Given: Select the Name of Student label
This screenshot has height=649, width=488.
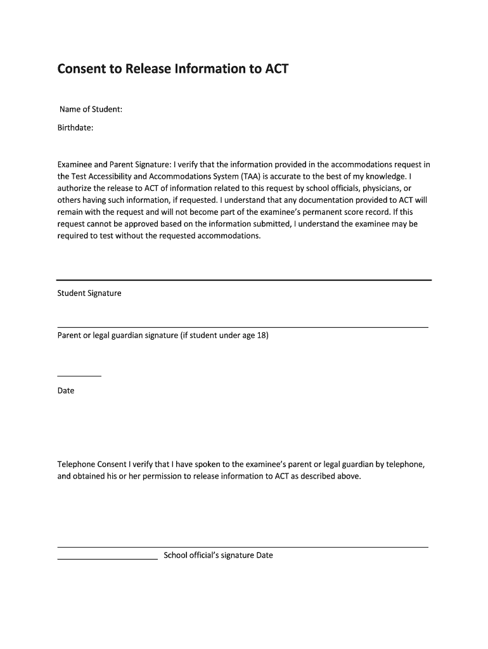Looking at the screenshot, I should click(x=91, y=110).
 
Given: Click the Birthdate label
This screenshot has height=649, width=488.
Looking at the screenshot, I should click(x=76, y=127).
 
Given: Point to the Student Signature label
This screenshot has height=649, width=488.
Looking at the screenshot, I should click(x=89, y=293).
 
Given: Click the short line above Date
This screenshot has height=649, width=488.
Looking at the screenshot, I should click(x=79, y=376).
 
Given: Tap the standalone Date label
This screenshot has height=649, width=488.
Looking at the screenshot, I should click(x=66, y=391).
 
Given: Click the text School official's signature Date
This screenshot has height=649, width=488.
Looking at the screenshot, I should click(x=218, y=556).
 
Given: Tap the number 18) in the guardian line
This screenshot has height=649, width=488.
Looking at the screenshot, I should click(x=262, y=335).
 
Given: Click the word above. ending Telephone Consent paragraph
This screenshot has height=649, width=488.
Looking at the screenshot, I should click(x=348, y=477).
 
